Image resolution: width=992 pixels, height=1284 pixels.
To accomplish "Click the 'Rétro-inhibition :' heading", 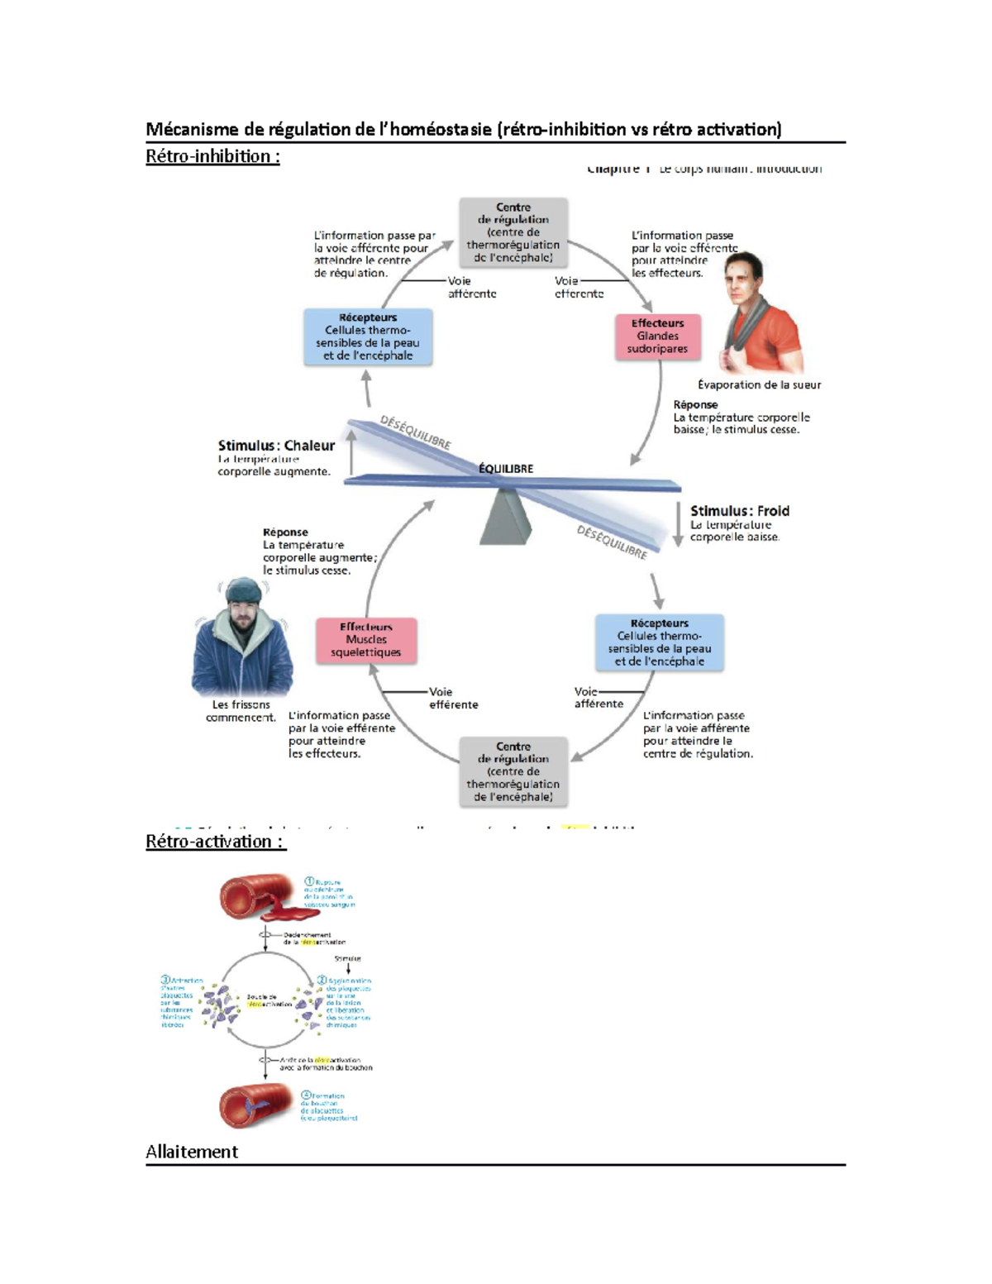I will coord(212,156).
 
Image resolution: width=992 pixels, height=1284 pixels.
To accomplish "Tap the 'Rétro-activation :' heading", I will coord(215,842).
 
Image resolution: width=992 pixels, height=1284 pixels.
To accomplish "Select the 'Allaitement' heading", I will coord(191,1152).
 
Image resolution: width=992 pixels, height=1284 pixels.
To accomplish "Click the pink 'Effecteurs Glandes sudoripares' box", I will coord(658,337).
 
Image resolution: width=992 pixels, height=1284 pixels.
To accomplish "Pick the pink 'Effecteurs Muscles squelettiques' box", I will coord(366,640).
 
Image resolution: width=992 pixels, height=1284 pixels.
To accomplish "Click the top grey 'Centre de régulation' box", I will coord(513,232).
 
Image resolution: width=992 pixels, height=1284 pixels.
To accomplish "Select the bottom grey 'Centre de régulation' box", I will coord(513,771).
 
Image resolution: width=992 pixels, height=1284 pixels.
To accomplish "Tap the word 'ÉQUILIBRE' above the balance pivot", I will coord(506,469).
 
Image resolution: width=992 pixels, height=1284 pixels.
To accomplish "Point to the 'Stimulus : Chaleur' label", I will coord(276,446).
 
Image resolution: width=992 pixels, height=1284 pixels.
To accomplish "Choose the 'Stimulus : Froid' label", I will coord(740,511).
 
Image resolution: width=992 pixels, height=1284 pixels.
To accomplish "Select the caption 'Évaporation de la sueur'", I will coord(759,384).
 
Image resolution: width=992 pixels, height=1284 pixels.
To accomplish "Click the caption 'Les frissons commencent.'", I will coord(241,711).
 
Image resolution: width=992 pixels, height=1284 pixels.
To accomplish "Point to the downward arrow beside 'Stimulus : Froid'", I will coord(678,525).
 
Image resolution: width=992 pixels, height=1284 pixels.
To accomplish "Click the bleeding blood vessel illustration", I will coord(259,898).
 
